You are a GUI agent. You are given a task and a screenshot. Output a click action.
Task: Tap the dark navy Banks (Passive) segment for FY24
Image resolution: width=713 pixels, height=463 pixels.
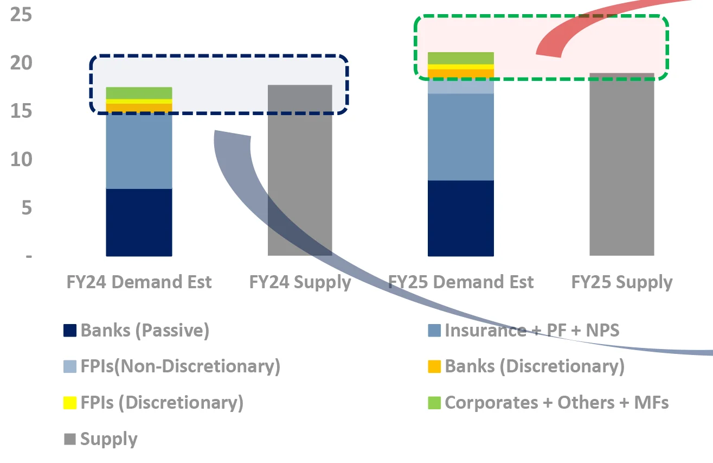click(x=139, y=222)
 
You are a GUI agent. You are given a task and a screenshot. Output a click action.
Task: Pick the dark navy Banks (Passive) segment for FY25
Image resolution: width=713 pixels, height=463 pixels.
click(x=460, y=218)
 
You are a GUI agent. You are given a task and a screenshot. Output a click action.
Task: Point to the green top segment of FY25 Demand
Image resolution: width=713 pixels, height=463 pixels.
click(x=460, y=58)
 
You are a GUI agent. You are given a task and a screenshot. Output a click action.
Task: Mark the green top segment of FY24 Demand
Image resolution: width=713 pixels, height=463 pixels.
click(x=139, y=93)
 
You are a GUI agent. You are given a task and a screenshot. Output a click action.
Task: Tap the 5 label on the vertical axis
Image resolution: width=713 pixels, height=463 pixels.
click(x=27, y=208)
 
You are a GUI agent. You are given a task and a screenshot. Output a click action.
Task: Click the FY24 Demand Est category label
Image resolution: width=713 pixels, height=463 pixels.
click(x=139, y=282)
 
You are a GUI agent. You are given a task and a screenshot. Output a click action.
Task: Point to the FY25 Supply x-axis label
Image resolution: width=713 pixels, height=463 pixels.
click(x=621, y=282)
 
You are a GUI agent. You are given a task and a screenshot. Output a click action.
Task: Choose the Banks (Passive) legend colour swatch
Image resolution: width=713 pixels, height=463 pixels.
click(x=70, y=331)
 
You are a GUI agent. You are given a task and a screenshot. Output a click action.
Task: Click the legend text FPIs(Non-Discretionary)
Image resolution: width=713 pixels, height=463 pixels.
click(x=180, y=366)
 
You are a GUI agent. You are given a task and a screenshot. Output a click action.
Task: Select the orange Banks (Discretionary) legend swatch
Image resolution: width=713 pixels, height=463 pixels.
click(x=434, y=366)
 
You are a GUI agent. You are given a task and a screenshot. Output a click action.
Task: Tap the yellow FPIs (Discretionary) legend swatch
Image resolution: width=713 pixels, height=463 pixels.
click(x=70, y=403)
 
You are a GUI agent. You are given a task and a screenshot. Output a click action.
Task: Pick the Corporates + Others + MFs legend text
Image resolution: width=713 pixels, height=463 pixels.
click(x=556, y=403)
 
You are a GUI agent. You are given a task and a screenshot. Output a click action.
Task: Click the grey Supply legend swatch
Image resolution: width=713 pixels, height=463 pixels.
click(x=70, y=439)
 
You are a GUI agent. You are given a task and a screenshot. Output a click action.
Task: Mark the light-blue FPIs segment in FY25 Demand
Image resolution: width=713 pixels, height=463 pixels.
click(x=460, y=86)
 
